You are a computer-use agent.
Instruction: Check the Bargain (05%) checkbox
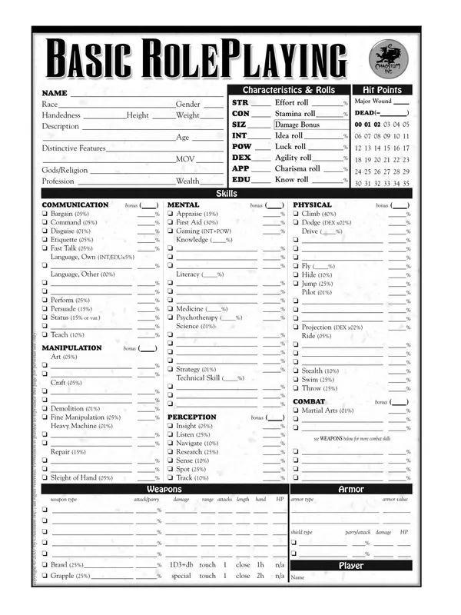[45, 214]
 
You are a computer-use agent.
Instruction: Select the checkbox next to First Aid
[171, 222]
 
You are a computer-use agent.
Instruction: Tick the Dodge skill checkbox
[297, 222]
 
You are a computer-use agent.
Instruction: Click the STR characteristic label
[240, 102]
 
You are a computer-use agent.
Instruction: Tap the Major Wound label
[373, 101]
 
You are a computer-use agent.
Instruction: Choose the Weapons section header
[164, 489]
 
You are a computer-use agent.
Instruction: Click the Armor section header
[351, 489]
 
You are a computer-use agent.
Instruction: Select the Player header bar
[351, 566]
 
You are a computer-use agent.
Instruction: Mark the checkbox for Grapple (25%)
[45, 575]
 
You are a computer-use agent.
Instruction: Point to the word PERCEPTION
[192, 417]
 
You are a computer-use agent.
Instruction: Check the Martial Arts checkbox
[297, 411]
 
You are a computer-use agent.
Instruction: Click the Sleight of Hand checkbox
[45, 477]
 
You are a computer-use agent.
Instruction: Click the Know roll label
[291, 180]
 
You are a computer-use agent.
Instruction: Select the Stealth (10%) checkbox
[297, 371]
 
